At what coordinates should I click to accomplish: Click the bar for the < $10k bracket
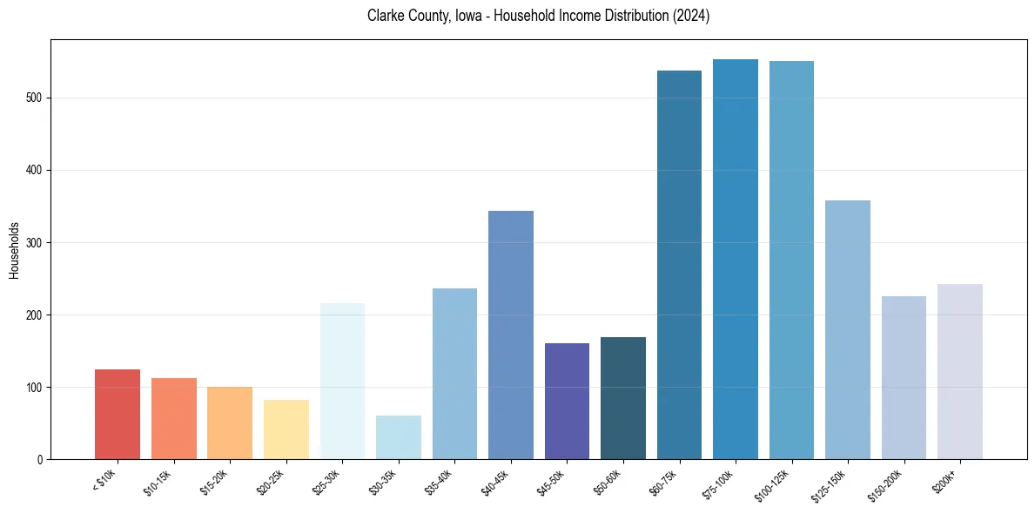coord(118,415)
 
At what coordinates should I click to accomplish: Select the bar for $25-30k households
coord(342,382)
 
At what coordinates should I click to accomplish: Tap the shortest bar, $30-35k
coord(399,437)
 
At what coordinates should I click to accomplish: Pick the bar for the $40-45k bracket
coord(511,335)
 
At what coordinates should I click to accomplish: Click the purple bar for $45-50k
coord(567,402)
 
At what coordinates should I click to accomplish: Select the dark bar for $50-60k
coord(623,398)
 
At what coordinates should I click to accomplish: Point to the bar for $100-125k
coord(791,260)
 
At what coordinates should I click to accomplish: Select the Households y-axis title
coord(14,250)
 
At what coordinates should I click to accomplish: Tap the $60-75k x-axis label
coord(669,481)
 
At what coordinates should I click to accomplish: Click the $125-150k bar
coord(848,330)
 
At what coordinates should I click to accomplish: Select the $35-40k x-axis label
coord(444,481)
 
